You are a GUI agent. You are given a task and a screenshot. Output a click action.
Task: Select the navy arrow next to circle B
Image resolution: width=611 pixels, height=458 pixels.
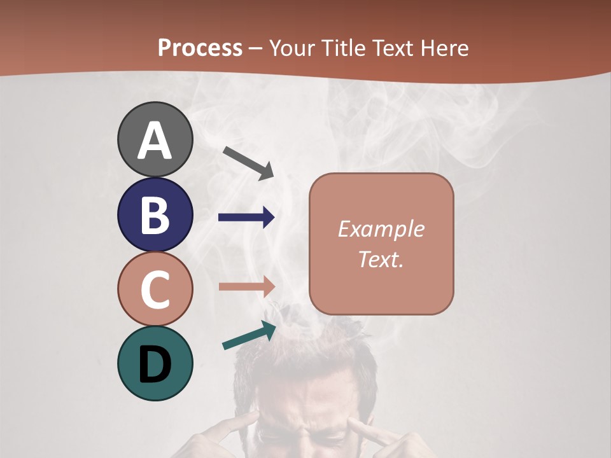[x=246, y=218]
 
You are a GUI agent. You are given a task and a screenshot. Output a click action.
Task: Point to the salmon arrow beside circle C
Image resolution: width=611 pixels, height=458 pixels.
[x=246, y=286]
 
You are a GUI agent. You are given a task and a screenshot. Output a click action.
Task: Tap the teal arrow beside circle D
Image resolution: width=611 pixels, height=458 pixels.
[x=249, y=336]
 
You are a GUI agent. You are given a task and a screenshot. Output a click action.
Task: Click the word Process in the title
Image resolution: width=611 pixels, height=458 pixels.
[x=200, y=48]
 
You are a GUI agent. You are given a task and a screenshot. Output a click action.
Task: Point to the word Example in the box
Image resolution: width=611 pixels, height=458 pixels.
[x=381, y=229]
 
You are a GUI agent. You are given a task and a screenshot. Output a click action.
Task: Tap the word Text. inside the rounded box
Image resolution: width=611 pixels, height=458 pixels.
[x=381, y=259]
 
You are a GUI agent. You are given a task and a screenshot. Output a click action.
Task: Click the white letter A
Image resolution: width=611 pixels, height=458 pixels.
[x=155, y=141]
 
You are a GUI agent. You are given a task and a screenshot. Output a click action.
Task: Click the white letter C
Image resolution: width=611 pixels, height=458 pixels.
[x=155, y=289]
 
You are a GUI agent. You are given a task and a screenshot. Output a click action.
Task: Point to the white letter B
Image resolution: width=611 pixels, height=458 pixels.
[x=155, y=215]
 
